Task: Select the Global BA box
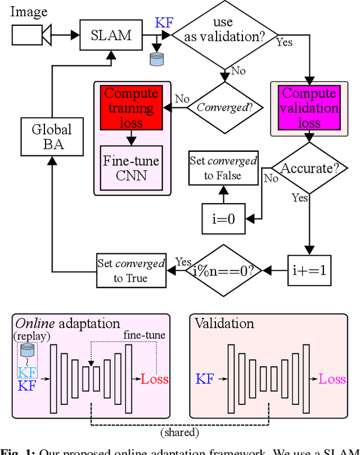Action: (52, 137)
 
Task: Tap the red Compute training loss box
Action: (131, 108)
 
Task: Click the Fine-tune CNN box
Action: (132, 167)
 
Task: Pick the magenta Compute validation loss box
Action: (309, 108)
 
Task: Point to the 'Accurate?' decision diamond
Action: (309, 168)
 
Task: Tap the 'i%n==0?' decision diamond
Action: (224, 271)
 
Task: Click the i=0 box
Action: (224, 218)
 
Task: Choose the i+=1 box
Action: (309, 271)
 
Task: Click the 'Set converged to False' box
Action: (223, 168)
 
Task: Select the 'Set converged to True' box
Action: (131, 271)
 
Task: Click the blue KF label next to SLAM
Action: (164, 23)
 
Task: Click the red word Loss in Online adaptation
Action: (155, 379)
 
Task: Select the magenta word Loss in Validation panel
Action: (332, 379)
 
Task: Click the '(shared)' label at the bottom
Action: (180, 433)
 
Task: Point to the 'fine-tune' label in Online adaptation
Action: (145, 335)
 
